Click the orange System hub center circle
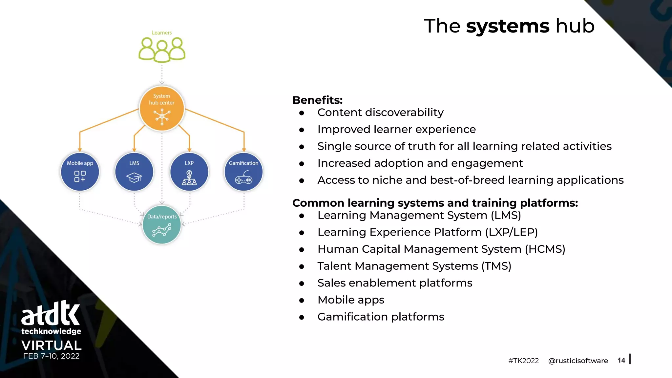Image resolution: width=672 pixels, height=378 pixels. coord(161,108)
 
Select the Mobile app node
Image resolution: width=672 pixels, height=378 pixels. coord(80,172)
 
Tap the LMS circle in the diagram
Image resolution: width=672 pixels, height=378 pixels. coord(134,172)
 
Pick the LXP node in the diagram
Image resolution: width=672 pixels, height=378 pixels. coord(189,172)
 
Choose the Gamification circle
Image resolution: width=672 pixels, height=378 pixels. coord(243,172)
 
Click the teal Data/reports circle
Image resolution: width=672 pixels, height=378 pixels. coord(162,225)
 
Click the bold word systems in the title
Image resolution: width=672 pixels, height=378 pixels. coord(508,26)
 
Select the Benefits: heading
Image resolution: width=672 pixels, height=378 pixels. coord(317,100)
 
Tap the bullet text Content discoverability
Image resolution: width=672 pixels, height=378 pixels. coord(380,113)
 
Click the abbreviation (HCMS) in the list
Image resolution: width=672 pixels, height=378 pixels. coord(545,249)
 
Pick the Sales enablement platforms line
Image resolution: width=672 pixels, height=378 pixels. coord(395,283)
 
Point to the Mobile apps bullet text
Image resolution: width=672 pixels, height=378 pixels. coord(351,300)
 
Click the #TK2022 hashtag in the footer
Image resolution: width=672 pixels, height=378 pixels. coord(523,361)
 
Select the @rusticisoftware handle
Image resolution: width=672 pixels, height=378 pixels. coord(578,361)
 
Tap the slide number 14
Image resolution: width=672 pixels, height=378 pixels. coord(621,360)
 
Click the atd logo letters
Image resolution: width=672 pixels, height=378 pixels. coord(51,313)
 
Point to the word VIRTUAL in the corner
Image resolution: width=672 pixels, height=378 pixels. coord(51,345)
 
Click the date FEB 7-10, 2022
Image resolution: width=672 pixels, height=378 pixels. coord(51,356)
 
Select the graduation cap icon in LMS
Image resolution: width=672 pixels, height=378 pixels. coord(134,178)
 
